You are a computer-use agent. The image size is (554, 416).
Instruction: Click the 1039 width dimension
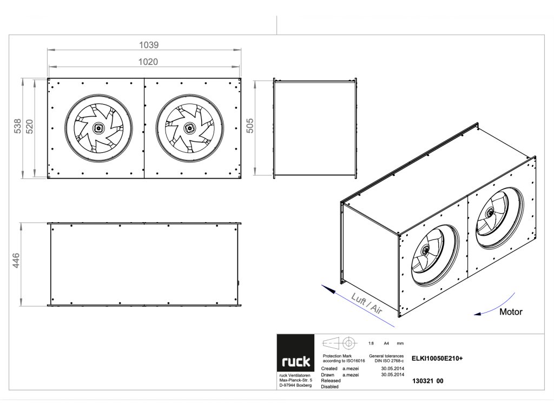coord(149,45)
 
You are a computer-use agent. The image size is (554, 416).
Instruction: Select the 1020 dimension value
coord(148,62)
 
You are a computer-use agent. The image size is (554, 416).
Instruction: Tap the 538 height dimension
coord(17,126)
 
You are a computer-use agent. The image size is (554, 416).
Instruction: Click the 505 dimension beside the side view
coord(250,126)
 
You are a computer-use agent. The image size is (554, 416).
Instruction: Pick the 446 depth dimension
coord(16,261)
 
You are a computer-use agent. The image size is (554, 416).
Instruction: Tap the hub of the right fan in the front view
coord(190,128)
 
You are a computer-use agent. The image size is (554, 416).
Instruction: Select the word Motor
coord(511,312)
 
